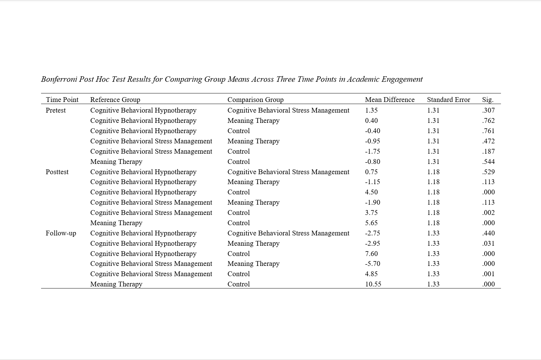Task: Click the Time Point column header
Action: [x=62, y=100]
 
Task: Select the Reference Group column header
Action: [x=115, y=100]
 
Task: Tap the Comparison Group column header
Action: [x=255, y=100]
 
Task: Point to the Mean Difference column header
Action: [x=389, y=100]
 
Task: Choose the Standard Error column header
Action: [x=448, y=100]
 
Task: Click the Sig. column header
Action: [x=488, y=100]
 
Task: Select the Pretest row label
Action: [x=55, y=110]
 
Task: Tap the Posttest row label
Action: [x=57, y=172]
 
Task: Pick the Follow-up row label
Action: [x=61, y=233]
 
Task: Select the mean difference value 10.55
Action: [x=373, y=284]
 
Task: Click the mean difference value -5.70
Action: [x=372, y=263]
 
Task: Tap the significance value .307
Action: [x=488, y=110]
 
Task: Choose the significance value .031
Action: [x=488, y=243]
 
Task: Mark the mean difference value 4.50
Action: [x=371, y=192]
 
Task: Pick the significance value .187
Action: [x=488, y=151]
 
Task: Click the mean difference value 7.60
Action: [x=371, y=254]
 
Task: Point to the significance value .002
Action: [x=488, y=213]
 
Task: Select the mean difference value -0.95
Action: [x=372, y=141]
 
